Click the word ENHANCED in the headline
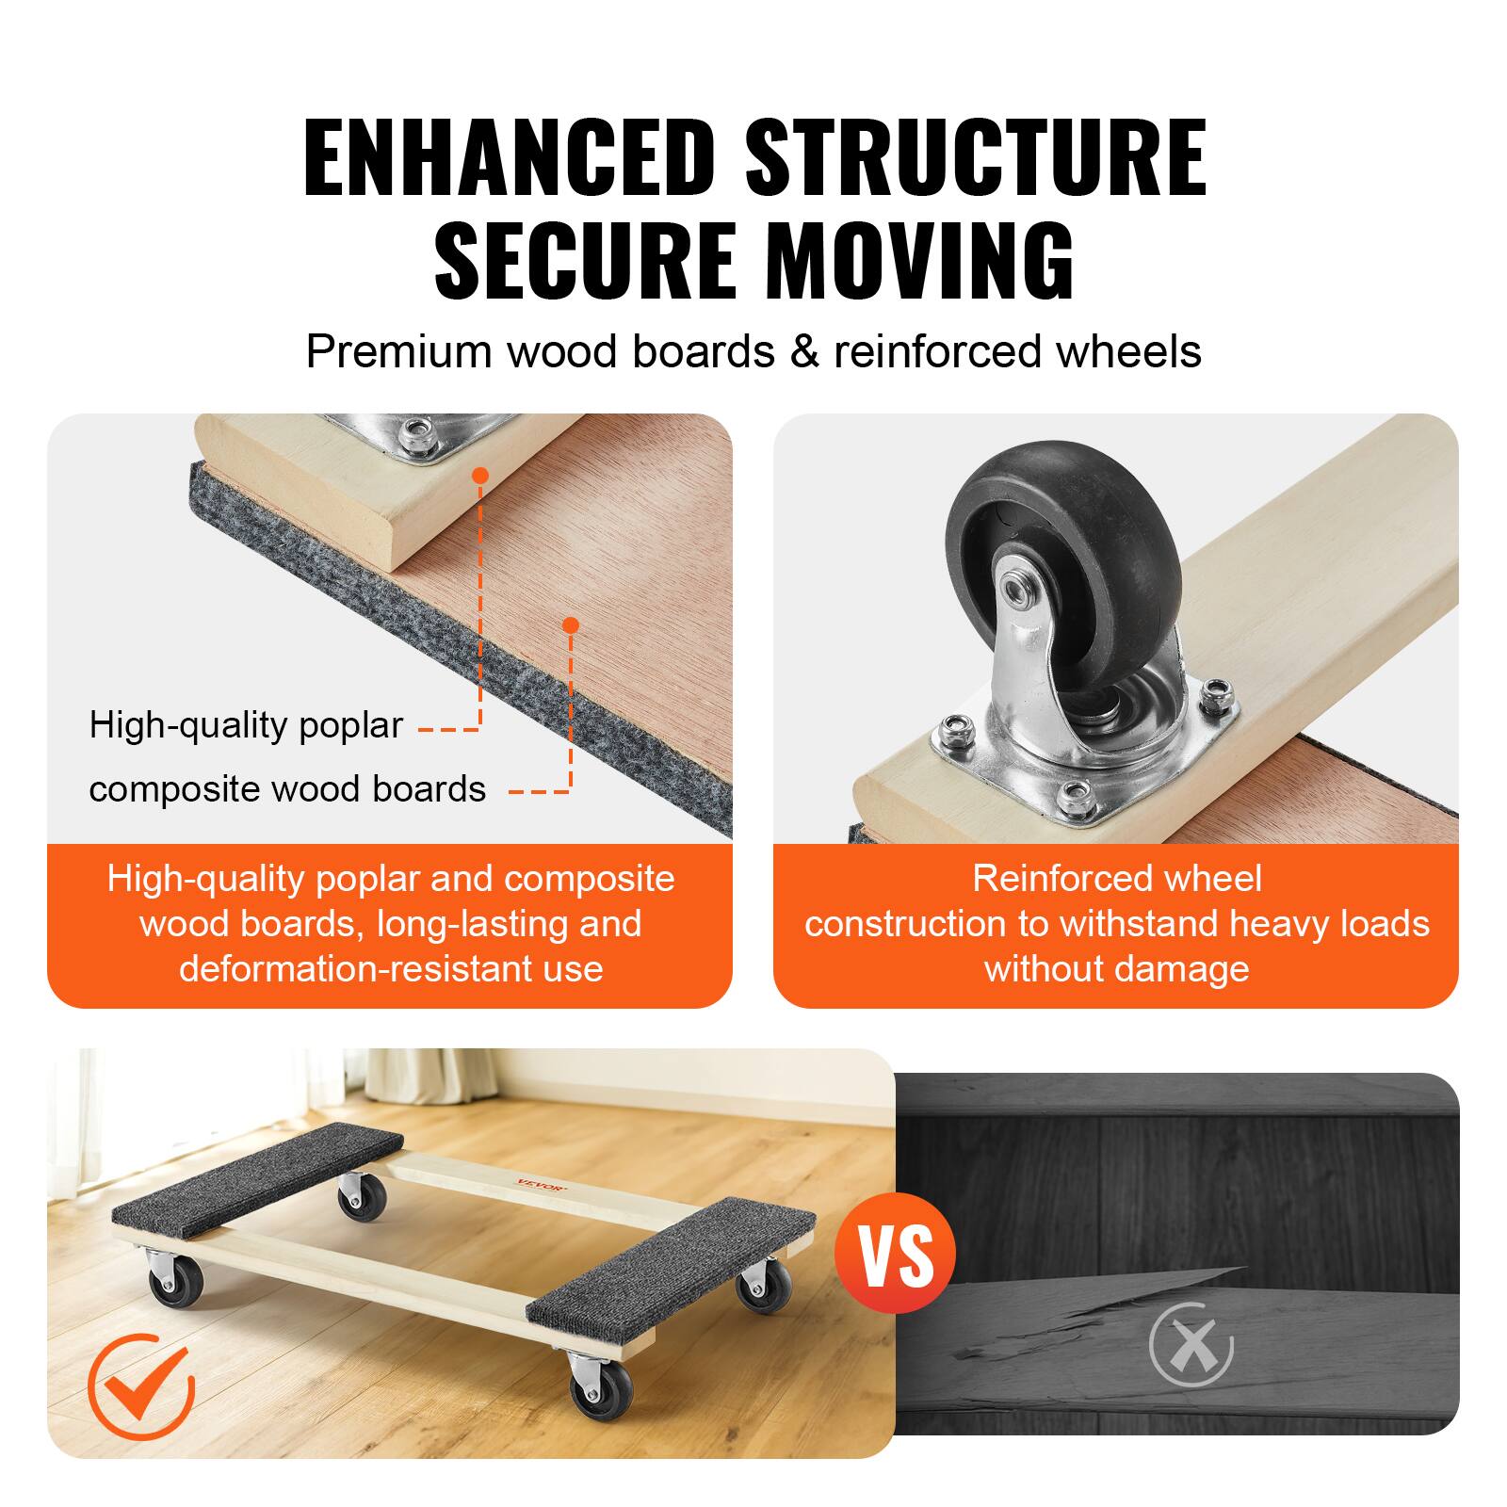[509, 156]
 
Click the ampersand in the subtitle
[803, 351]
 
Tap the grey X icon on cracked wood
[1191, 1344]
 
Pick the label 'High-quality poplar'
[246, 725]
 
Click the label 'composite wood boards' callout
[287, 789]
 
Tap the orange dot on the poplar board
[480, 475]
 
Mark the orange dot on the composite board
[570, 624]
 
